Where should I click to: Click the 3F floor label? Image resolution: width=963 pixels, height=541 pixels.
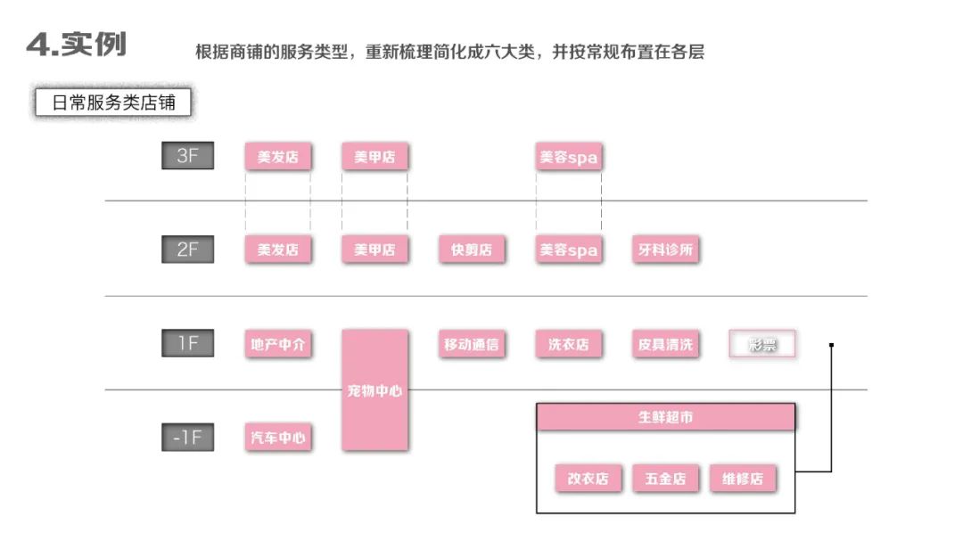[187, 156]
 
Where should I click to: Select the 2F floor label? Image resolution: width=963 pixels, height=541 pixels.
[187, 250]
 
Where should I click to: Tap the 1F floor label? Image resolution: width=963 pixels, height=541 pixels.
[187, 343]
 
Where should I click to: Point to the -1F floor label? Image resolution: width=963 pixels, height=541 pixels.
[187, 438]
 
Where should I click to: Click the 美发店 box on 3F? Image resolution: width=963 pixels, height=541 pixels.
[277, 158]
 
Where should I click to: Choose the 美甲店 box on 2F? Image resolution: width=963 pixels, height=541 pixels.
[374, 250]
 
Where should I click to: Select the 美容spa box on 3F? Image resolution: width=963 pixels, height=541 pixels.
[568, 158]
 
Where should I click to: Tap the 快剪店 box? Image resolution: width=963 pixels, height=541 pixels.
[472, 250]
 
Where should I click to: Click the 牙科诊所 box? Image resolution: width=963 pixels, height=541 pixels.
[665, 250]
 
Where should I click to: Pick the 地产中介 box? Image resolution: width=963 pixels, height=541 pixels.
[278, 345]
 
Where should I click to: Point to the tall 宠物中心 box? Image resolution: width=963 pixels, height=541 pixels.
[374, 390]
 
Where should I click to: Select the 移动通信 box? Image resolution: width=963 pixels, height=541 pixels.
[472, 345]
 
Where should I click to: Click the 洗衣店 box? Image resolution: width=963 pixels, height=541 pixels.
[568, 345]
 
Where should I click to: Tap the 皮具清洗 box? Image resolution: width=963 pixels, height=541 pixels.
[665, 345]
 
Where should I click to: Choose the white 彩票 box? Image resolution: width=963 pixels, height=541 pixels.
[761, 345]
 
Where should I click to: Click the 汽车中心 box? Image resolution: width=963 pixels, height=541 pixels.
[278, 439]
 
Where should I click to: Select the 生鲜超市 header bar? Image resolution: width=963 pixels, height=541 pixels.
[665, 417]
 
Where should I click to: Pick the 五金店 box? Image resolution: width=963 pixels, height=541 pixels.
[665, 479]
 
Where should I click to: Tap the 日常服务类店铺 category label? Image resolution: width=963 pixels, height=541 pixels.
[113, 102]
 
